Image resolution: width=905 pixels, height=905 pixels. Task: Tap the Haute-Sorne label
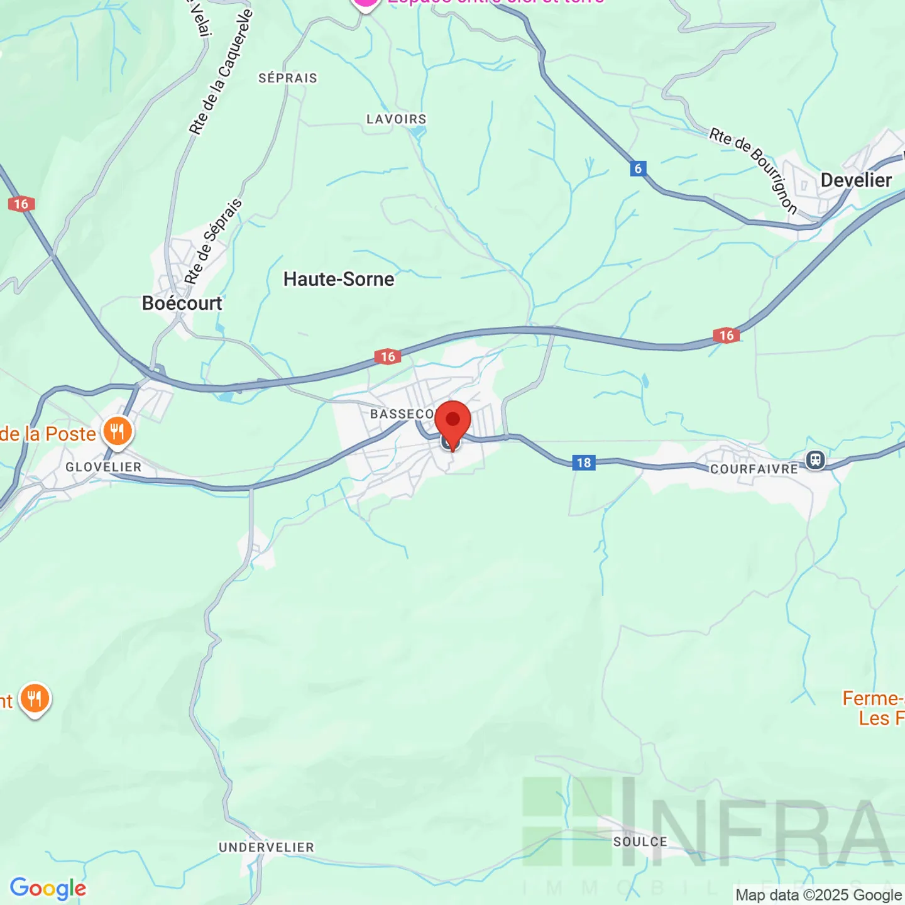coord(339,279)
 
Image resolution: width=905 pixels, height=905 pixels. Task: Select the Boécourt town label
coord(182,303)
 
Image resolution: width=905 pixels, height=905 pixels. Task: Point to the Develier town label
coord(856,180)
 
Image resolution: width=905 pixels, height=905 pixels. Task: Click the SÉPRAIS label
coord(288,78)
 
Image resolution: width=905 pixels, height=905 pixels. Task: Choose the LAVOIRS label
coord(397,119)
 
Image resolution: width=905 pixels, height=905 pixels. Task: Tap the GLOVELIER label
coord(104,467)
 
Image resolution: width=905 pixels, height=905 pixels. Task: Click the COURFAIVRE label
coord(754,469)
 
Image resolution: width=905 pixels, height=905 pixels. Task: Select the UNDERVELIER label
coord(266,847)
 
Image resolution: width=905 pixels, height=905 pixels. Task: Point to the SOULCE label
coord(640,842)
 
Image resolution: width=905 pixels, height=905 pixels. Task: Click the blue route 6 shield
coord(638,168)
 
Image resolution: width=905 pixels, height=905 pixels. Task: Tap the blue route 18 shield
coord(584,463)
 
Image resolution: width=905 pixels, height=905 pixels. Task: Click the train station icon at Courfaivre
coord(816,460)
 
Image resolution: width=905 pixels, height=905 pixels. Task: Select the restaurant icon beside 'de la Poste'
coord(117,432)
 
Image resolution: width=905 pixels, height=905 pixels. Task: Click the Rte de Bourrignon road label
coord(754,170)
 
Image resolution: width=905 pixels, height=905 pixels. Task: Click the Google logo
coord(48,888)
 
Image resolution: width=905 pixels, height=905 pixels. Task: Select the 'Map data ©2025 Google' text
coord(818,895)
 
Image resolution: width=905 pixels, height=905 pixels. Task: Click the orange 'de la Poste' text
coord(48,434)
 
